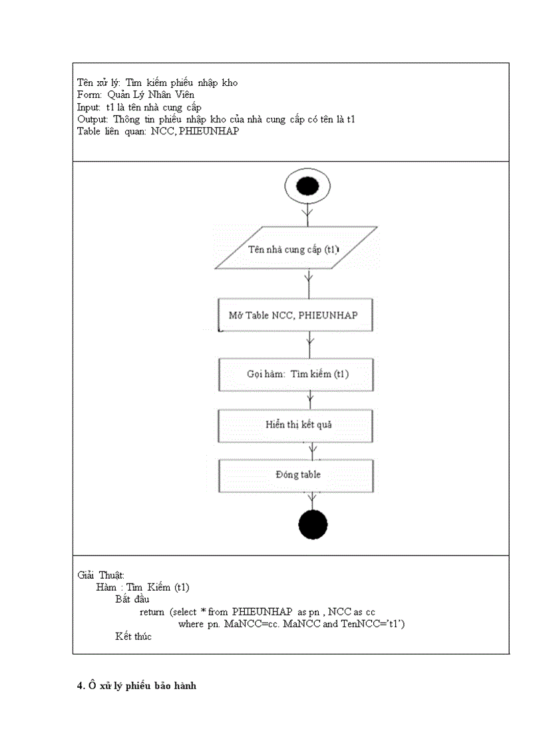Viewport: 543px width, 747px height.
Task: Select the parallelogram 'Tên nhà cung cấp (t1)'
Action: click(295, 249)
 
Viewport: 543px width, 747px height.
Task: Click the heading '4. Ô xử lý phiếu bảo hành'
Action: click(136, 686)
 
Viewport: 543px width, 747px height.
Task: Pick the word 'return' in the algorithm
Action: click(152, 612)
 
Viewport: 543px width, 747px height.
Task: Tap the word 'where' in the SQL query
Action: click(191, 624)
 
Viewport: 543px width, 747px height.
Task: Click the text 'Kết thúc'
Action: click(133, 637)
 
